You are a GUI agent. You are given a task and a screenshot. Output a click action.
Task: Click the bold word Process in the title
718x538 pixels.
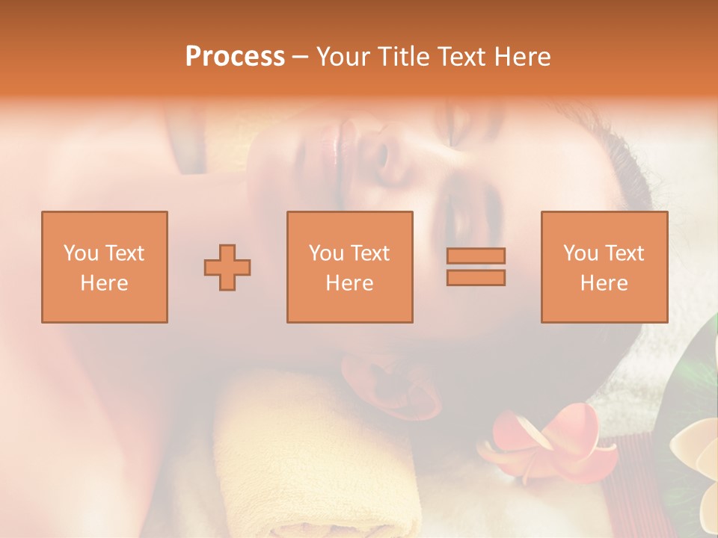235,57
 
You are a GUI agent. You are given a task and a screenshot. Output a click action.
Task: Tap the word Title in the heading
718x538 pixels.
405,57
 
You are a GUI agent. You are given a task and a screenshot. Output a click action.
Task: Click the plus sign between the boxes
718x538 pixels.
227,268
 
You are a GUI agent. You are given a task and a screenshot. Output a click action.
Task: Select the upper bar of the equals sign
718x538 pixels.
476,256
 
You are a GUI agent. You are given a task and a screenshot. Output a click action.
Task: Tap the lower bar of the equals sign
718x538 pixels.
476,277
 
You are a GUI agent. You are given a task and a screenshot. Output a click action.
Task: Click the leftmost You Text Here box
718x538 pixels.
105,267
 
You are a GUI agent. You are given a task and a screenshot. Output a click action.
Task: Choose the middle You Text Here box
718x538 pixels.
349,267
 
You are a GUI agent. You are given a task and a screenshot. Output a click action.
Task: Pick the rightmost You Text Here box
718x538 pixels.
604,267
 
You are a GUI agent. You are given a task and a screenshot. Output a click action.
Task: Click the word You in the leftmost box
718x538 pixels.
80,253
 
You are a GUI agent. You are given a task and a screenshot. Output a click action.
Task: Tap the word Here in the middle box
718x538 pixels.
349,283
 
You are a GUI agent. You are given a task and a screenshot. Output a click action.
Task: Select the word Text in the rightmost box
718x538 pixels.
623,253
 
